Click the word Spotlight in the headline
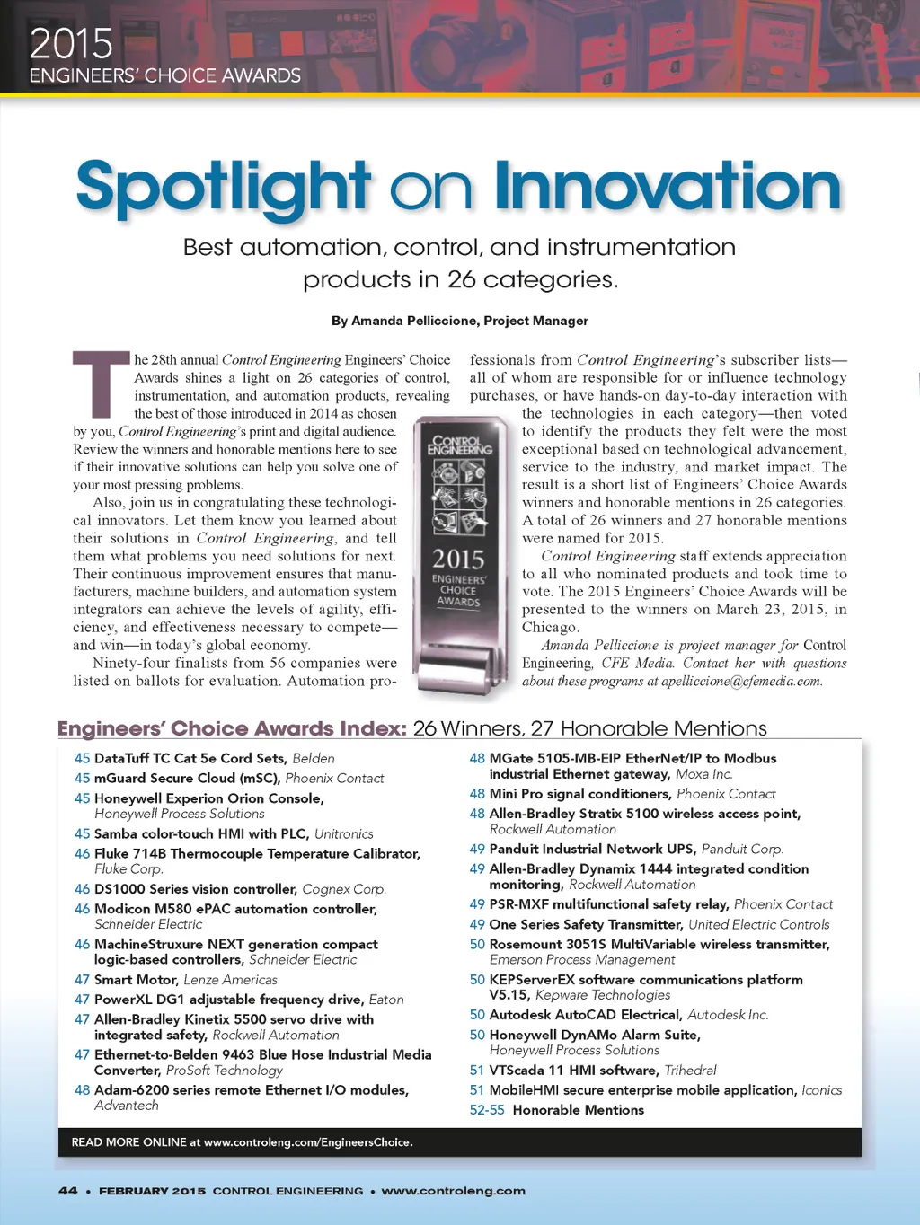point(223,187)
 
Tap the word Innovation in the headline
point(667,187)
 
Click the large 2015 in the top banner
point(71,43)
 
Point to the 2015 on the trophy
point(458,559)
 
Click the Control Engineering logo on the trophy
point(459,445)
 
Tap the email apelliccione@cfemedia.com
point(741,681)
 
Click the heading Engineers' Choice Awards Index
point(232,728)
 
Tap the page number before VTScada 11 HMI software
point(476,1071)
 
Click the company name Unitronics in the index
point(343,834)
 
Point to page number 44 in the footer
point(67,1191)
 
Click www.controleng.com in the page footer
point(453,1191)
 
